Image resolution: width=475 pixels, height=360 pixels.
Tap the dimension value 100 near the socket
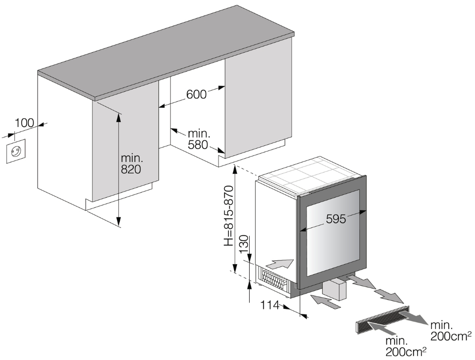[x=25, y=123]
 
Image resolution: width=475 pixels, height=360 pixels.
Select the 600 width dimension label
[x=196, y=94]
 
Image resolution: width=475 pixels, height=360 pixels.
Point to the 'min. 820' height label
[x=131, y=163]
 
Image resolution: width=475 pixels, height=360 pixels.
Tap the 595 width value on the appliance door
[x=336, y=219]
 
